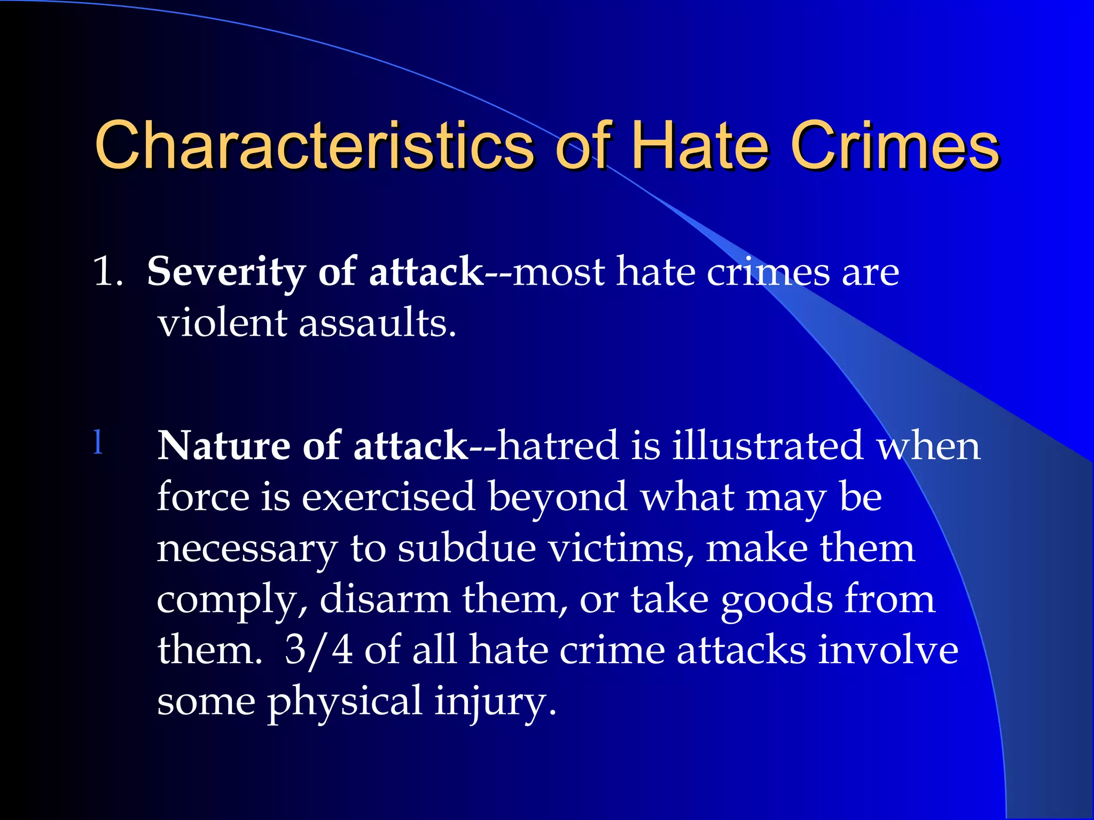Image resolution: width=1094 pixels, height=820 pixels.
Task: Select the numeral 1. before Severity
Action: pyautogui.click(x=108, y=272)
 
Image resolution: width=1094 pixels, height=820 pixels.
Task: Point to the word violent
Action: pyautogui.click(x=223, y=323)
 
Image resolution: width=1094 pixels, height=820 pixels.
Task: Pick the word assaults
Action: pyautogui.click(x=377, y=323)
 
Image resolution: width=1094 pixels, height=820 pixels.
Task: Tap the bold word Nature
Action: pyautogui.click(x=223, y=445)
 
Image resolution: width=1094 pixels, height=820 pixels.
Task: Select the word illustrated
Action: pyautogui.click(x=767, y=445)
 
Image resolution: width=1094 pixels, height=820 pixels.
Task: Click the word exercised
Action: pyautogui.click(x=388, y=496)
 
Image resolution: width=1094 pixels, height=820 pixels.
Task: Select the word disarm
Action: pyautogui.click(x=385, y=599)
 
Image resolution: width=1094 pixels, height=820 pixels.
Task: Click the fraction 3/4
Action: pyautogui.click(x=318, y=650)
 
